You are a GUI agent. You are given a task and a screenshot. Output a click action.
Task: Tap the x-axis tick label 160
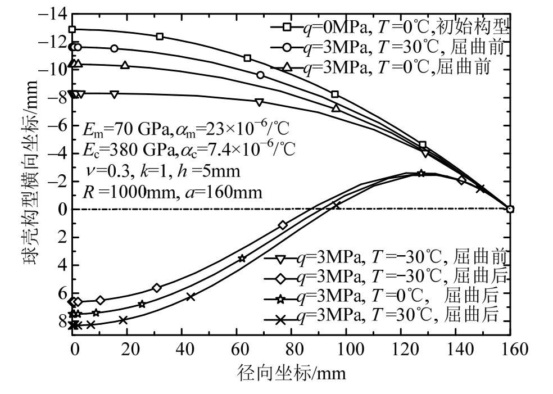[x=510, y=349]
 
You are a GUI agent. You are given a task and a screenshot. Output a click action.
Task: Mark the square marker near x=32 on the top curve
[x=160, y=37]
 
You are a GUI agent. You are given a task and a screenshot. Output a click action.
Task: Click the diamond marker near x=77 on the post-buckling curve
[x=283, y=225]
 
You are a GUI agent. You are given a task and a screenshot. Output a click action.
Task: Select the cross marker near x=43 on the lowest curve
[x=191, y=296]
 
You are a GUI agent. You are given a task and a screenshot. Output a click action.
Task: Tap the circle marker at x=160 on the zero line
[x=510, y=209]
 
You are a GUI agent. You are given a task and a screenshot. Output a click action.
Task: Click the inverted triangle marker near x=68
[x=259, y=102]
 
